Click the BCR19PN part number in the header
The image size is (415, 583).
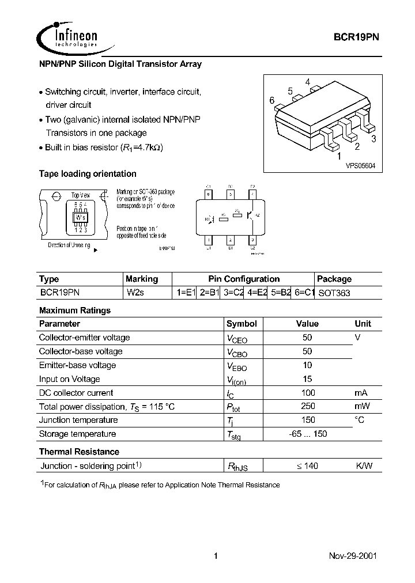pyautogui.click(x=356, y=36)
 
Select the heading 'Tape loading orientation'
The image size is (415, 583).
pyautogui.click(x=88, y=173)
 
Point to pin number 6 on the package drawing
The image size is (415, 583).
pyautogui.click(x=271, y=100)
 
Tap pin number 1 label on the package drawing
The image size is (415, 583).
pyautogui.click(x=339, y=156)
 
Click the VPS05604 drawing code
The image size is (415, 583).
pyautogui.click(x=360, y=165)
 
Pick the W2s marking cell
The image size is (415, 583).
pyautogui.click(x=136, y=293)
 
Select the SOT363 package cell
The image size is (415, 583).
pyautogui.click(x=334, y=293)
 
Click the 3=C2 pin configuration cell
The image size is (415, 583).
pyautogui.click(x=234, y=293)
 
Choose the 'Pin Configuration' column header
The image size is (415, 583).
pyautogui.click(x=244, y=279)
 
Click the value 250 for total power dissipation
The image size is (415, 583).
pyautogui.click(x=307, y=406)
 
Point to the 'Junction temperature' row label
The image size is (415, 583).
pyautogui.click(x=78, y=420)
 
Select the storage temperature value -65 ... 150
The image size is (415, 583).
pyautogui.click(x=307, y=434)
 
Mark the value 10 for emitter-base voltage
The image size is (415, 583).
pyautogui.click(x=307, y=365)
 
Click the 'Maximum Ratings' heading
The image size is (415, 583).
pyautogui.click(x=74, y=310)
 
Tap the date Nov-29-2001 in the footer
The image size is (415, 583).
pyautogui.click(x=353, y=556)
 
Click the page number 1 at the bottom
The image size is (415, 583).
pyautogui.click(x=216, y=556)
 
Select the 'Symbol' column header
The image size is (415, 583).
pyautogui.click(x=242, y=324)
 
